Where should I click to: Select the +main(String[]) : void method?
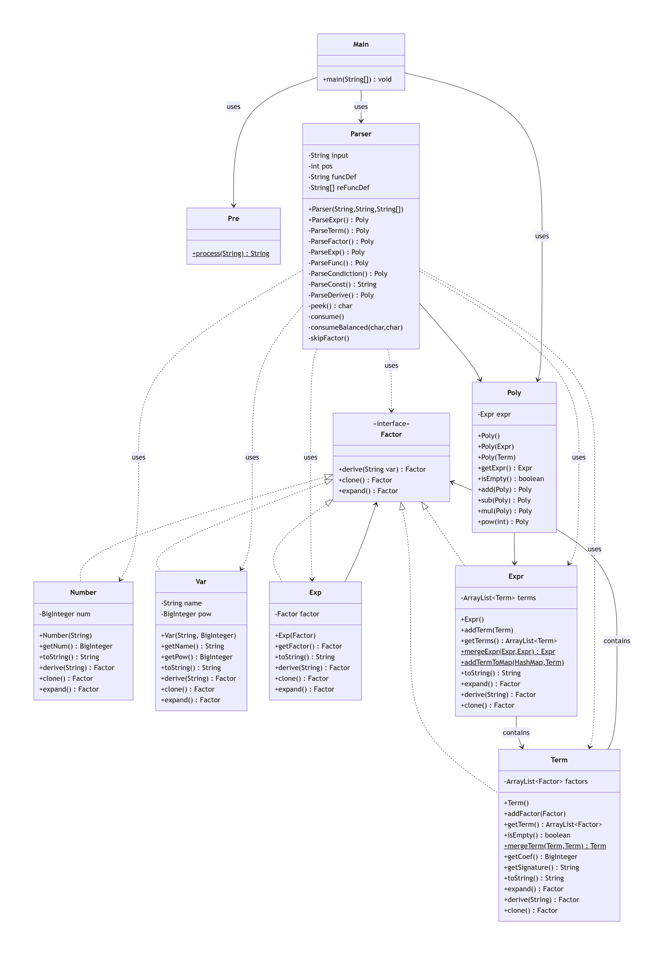pos(357,79)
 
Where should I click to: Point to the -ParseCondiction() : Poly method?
pos(348,274)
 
